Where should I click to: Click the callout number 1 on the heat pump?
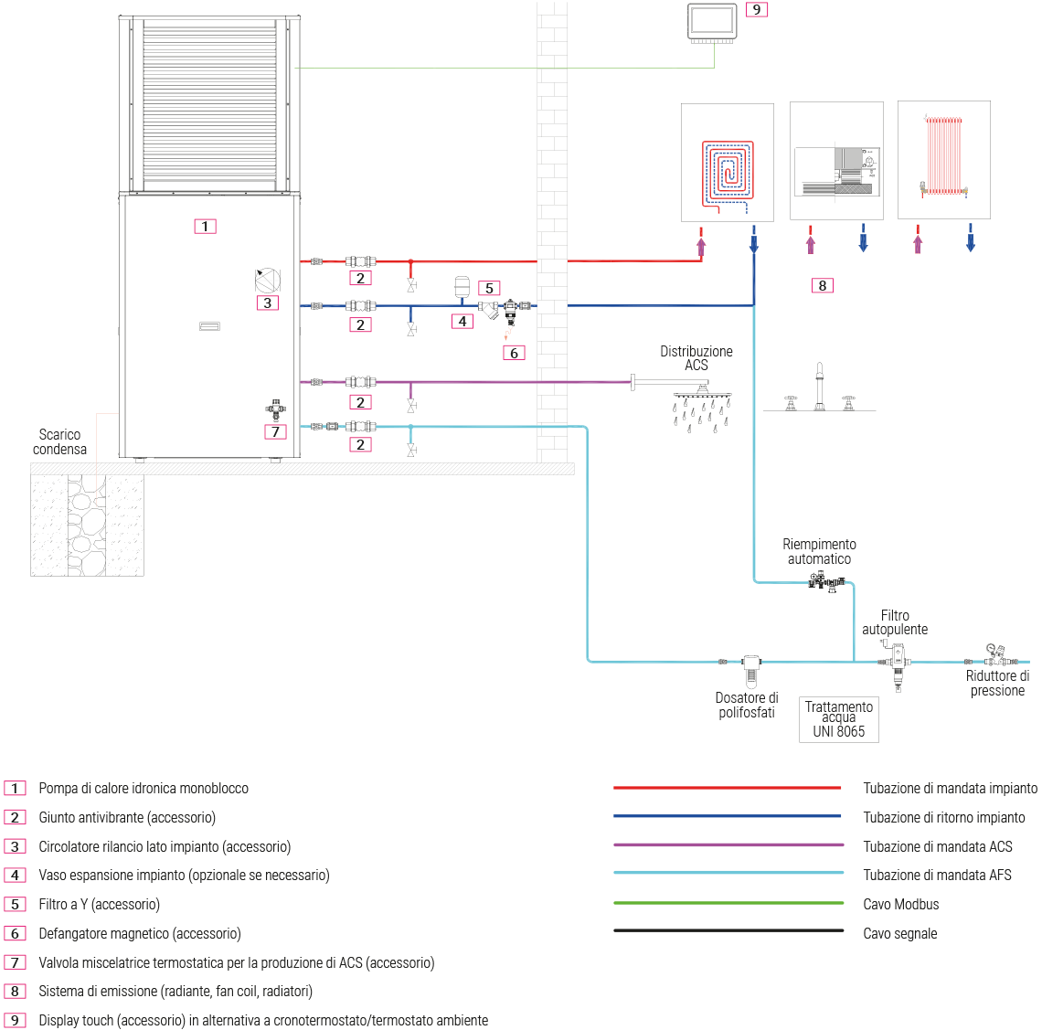click(x=205, y=226)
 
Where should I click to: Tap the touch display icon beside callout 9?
click(x=712, y=23)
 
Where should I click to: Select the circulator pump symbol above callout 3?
click(x=267, y=280)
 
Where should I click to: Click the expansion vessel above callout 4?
click(x=463, y=286)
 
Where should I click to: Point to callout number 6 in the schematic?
click(x=514, y=353)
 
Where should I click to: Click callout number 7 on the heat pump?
click(x=275, y=431)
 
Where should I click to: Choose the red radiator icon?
click(x=943, y=156)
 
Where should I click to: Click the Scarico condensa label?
click(x=59, y=441)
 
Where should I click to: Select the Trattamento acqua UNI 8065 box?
click(x=838, y=718)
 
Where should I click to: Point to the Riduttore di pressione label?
click(x=997, y=684)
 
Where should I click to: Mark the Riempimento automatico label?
click(x=819, y=551)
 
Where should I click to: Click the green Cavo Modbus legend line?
click(x=728, y=904)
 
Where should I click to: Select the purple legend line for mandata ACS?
click(x=728, y=845)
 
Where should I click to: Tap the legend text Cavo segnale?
click(x=899, y=933)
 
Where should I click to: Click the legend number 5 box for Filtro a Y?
click(x=16, y=904)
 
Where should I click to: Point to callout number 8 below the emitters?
click(x=822, y=285)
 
